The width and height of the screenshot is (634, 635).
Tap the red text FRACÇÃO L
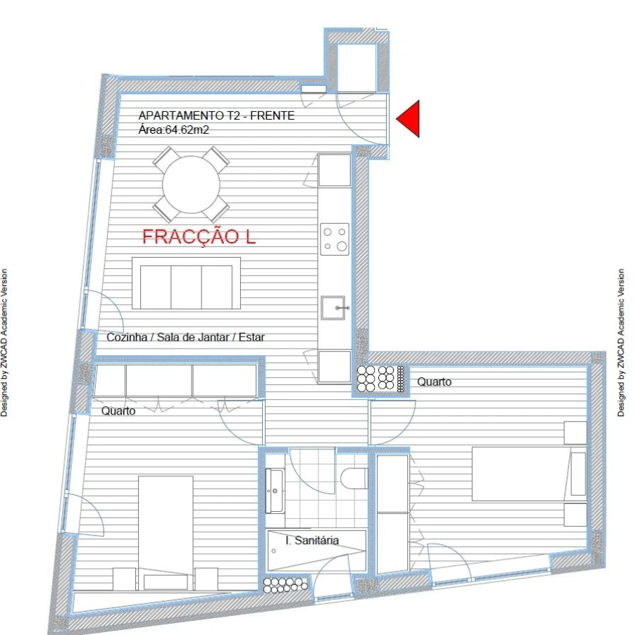coord(199,237)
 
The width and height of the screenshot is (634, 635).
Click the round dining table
coord(190,184)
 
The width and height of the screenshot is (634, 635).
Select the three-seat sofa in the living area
coord(186,283)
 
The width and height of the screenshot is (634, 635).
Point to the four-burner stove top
coord(335,239)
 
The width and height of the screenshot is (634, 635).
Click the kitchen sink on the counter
coord(335,308)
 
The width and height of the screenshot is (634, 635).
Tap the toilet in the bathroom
coord(353,479)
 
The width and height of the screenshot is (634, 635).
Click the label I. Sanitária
coord(312,541)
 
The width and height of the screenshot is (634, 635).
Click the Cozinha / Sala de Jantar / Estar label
coord(185,337)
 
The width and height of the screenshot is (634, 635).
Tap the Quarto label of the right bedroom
coord(434,382)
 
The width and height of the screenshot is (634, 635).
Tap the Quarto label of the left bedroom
coord(118,411)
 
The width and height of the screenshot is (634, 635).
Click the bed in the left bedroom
coord(166,524)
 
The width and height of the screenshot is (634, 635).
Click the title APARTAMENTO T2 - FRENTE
coord(216,115)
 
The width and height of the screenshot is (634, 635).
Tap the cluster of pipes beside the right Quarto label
coord(380,379)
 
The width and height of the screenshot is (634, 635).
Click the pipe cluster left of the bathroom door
coord(285,584)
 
